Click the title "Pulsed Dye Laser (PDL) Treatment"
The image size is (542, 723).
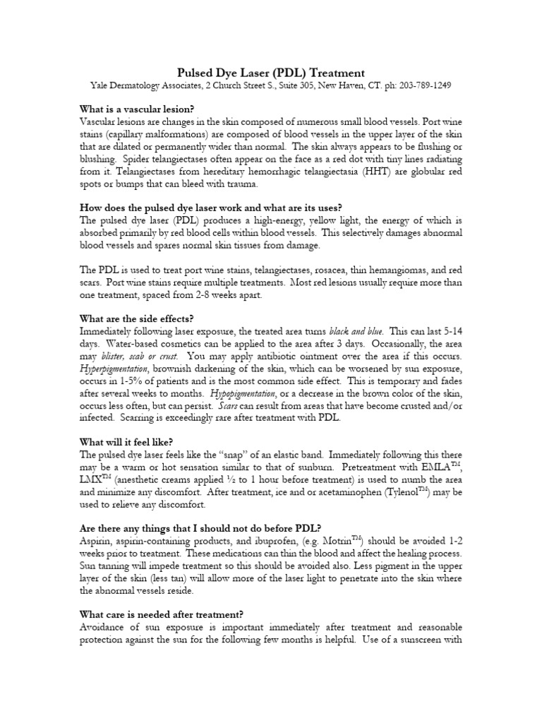(x=270, y=73)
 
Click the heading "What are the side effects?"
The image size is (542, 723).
(x=138, y=318)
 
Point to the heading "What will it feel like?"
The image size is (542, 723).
(x=127, y=442)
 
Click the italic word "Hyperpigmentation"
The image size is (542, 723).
(x=114, y=369)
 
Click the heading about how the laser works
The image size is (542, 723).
(x=211, y=207)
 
